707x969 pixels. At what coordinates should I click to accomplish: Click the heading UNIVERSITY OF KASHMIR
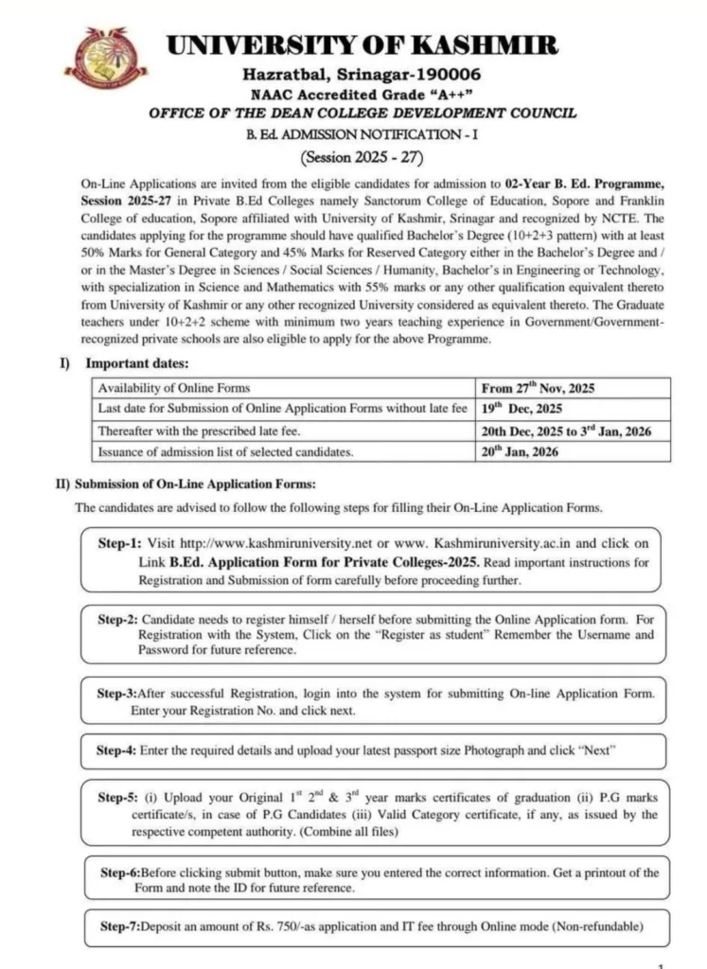362,44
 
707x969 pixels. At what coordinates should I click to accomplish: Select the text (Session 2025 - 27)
362,155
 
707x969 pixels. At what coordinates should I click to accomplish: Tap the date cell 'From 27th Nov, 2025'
540,388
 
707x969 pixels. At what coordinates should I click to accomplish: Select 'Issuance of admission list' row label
227,451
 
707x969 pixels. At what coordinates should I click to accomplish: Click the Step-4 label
117,750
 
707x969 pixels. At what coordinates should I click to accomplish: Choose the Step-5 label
119,797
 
